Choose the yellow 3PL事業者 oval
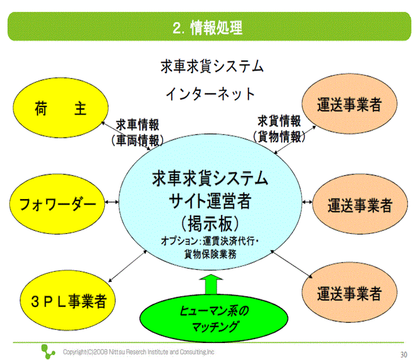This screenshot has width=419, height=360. (68, 299)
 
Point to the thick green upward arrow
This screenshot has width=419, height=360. (210, 286)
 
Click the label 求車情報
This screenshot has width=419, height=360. (138, 125)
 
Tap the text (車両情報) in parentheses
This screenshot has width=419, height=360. (137, 139)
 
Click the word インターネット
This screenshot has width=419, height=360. (210, 94)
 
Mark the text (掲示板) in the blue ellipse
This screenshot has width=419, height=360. (210, 220)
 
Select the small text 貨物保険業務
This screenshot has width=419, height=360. (211, 253)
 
